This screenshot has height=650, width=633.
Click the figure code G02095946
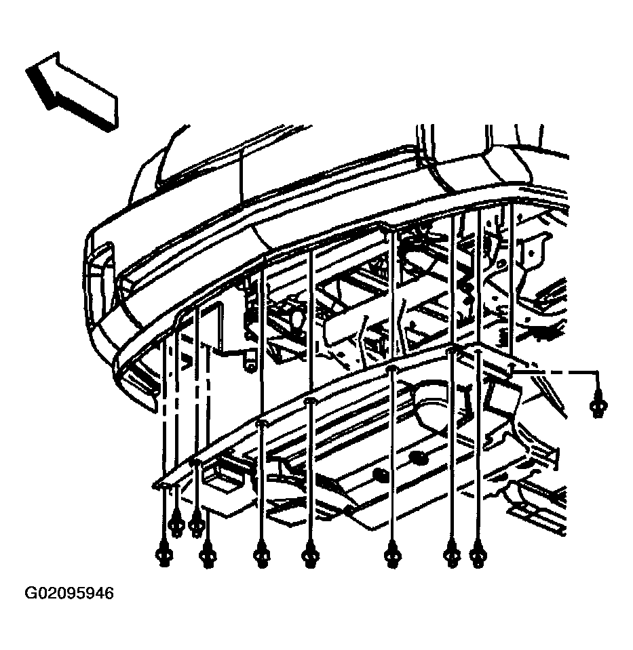(69, 593)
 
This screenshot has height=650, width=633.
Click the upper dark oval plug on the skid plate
(419, 458)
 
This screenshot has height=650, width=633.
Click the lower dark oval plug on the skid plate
(381, 475)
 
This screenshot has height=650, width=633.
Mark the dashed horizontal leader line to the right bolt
(556, 372)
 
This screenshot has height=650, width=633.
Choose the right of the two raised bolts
(196, 527)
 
